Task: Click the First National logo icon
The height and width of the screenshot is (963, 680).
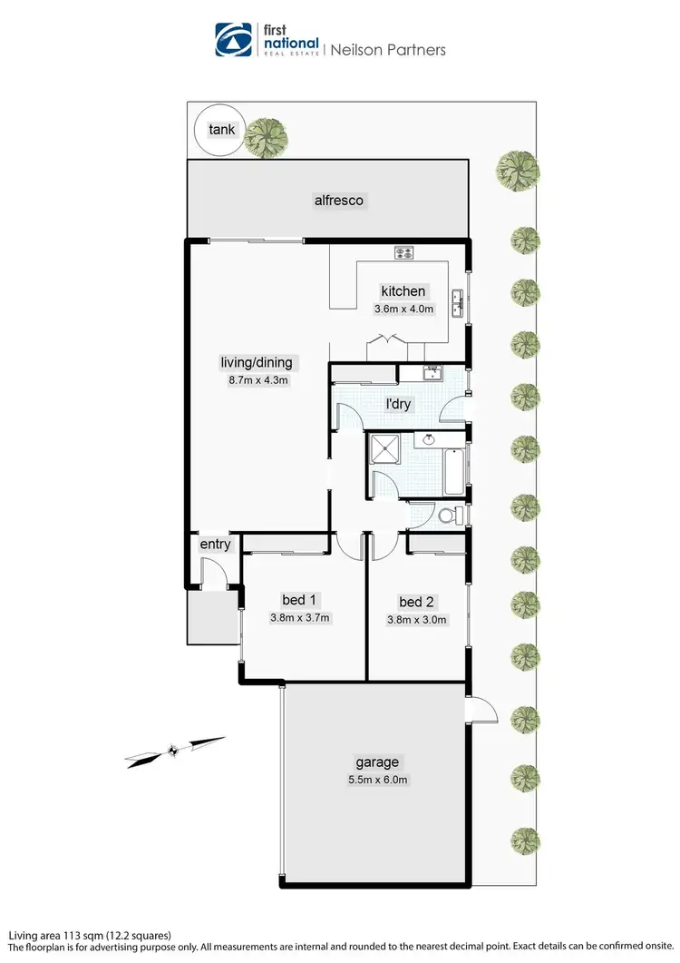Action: click(232, 40)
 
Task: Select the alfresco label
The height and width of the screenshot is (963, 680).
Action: click(339, 201)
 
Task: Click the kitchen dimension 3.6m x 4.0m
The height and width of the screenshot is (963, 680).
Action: click(404, 309)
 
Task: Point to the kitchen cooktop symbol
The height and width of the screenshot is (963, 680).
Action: click(403, 252)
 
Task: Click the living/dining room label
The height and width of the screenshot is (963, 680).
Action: click(257, 363)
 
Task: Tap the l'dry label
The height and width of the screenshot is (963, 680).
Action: click(398, 404)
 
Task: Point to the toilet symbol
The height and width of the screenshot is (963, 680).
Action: click(447, 515)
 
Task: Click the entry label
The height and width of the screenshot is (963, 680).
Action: click(216, 545)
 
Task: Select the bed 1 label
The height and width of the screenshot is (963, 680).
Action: click(297, 601)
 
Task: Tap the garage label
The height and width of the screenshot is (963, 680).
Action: click(377, 762)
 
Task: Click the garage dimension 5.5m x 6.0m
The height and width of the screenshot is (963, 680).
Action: click(377, 780)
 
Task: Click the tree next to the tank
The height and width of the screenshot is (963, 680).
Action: click(267, 138)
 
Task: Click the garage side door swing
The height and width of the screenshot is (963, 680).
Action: click(485, 712)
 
